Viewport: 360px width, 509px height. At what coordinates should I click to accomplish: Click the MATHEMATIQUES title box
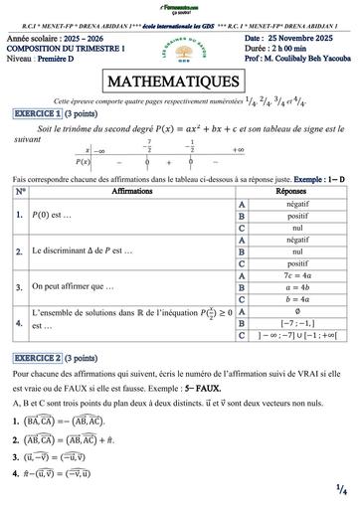point(179,81)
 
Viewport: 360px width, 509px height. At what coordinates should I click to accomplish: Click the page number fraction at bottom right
point(340,488)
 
